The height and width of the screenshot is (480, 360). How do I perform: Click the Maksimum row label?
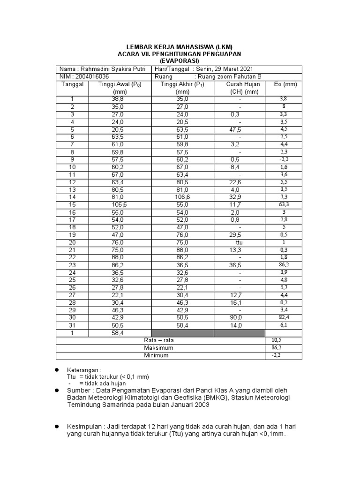[x=158, y=348]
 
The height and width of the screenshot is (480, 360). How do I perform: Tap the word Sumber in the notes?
[x=79, y=390]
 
